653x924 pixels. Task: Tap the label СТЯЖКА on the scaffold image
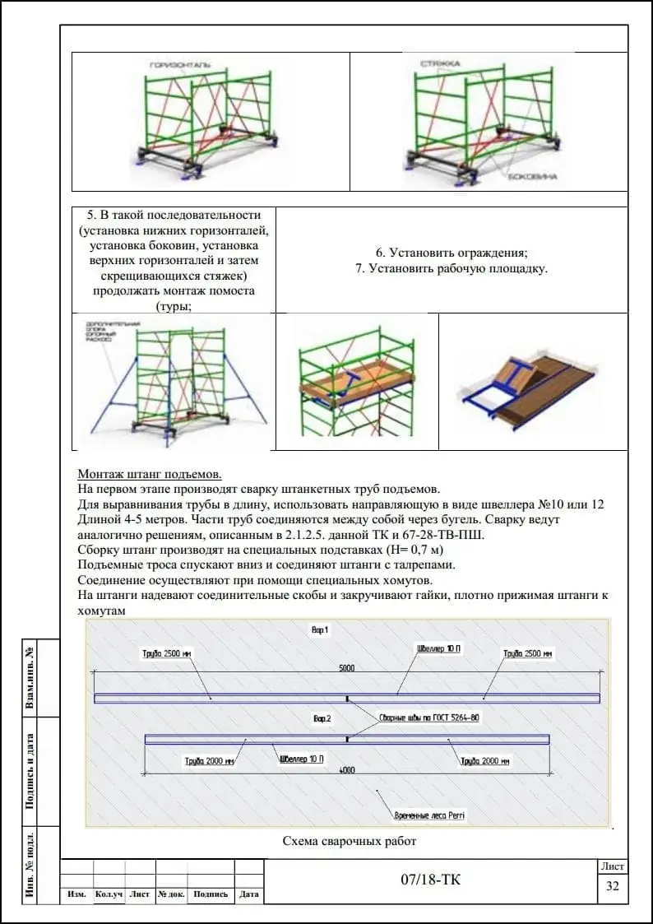pos(439,63)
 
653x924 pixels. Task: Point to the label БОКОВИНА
pos(527,177)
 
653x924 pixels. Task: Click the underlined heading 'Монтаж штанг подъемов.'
pos(150,475)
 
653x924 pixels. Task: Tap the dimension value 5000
pos(347,668)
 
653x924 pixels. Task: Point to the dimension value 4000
pos(347,770)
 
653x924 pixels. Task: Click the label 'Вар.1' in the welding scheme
pos(320,629)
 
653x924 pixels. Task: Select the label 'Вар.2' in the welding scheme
pos(322,718)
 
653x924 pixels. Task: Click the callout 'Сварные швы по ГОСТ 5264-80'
pos(428,717)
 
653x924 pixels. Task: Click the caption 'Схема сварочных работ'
pos(350,841)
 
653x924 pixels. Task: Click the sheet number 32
pos(612,886)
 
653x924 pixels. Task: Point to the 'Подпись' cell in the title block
pos(211,894)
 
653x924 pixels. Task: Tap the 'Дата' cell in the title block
pos(248,894)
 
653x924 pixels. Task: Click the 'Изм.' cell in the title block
pos(77,894)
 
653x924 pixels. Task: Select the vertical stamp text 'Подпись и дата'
pos(30,771)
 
